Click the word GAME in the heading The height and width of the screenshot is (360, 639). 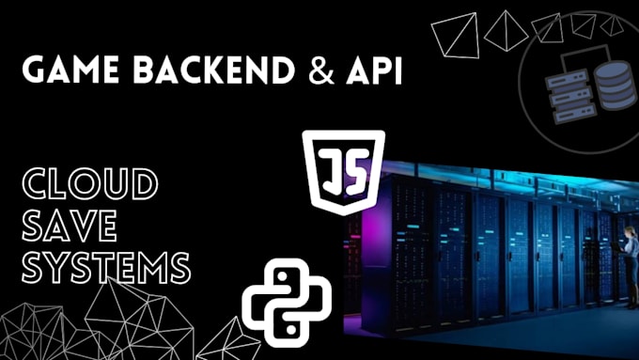70,70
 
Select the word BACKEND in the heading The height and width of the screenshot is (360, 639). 214,70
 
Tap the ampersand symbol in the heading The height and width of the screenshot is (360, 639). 321,70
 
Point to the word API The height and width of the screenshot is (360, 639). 374,70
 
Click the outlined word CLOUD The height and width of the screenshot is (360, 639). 90,183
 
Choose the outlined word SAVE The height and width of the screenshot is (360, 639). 70,226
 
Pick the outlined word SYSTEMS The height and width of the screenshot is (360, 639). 106,268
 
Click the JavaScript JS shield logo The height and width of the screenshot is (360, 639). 344,172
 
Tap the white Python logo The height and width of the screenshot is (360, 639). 287,303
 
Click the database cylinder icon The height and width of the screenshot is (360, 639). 615,86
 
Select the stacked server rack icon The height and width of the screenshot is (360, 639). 570,96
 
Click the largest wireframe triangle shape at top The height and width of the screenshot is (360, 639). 455,36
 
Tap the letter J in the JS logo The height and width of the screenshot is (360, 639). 330,170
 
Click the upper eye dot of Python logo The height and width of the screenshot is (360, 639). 281,276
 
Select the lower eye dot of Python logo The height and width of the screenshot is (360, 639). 292,330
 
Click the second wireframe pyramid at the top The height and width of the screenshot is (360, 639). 506,31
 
